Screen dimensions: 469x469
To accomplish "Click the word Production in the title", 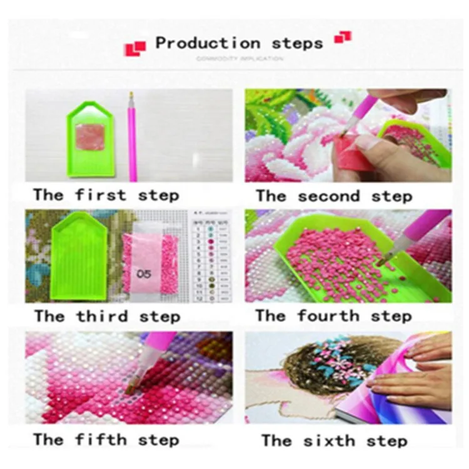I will point(208,43).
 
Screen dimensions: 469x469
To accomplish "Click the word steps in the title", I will point(298,43).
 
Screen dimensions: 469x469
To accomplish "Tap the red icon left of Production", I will point(135,48).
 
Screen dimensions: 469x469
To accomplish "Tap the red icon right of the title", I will point(343,38).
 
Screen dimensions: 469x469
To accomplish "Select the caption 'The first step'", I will point(106,194).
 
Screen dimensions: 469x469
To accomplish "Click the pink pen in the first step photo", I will point(132,134).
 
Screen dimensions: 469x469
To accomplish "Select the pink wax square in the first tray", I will point(89,136).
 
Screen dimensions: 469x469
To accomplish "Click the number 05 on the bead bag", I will point(145,273).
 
